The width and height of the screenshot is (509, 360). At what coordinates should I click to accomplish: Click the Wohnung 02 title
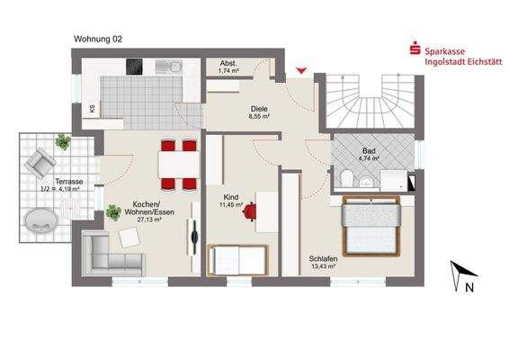point(97,40)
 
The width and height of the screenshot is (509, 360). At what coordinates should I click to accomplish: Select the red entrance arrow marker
point(300,69)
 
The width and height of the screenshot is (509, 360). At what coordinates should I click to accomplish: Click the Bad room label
point(370,150)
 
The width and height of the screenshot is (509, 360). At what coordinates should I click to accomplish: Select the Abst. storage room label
point(228,63)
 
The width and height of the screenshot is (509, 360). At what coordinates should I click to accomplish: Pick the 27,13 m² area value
point(150,219)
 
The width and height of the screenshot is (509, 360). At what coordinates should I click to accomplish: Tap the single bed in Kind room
point(237,261)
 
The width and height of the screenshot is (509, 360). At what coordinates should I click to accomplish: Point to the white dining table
point(177,164)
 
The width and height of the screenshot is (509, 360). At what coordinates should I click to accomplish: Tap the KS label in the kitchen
point(92,109)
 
